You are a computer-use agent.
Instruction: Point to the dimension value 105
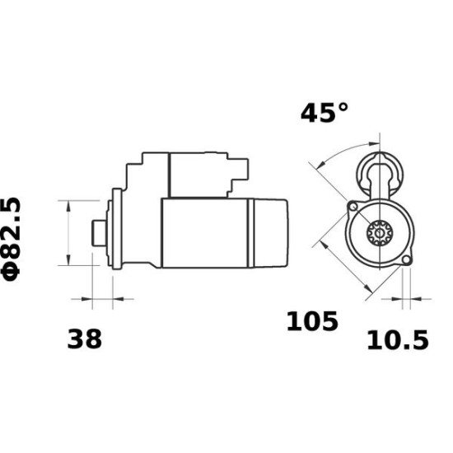tap(312, 321)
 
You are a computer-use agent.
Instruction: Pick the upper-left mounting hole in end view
tap(352, 205)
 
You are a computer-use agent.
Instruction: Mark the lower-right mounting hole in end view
tap(406, 261)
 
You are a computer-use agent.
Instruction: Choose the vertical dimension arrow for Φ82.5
tap(66, 232)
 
